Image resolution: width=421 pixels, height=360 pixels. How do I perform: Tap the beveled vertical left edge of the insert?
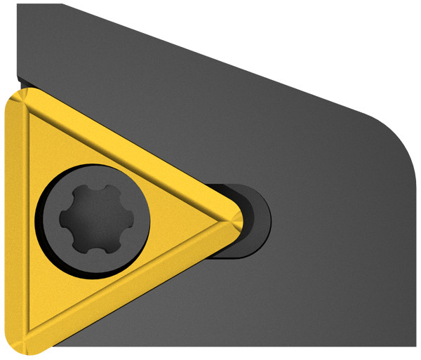[15, 221]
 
